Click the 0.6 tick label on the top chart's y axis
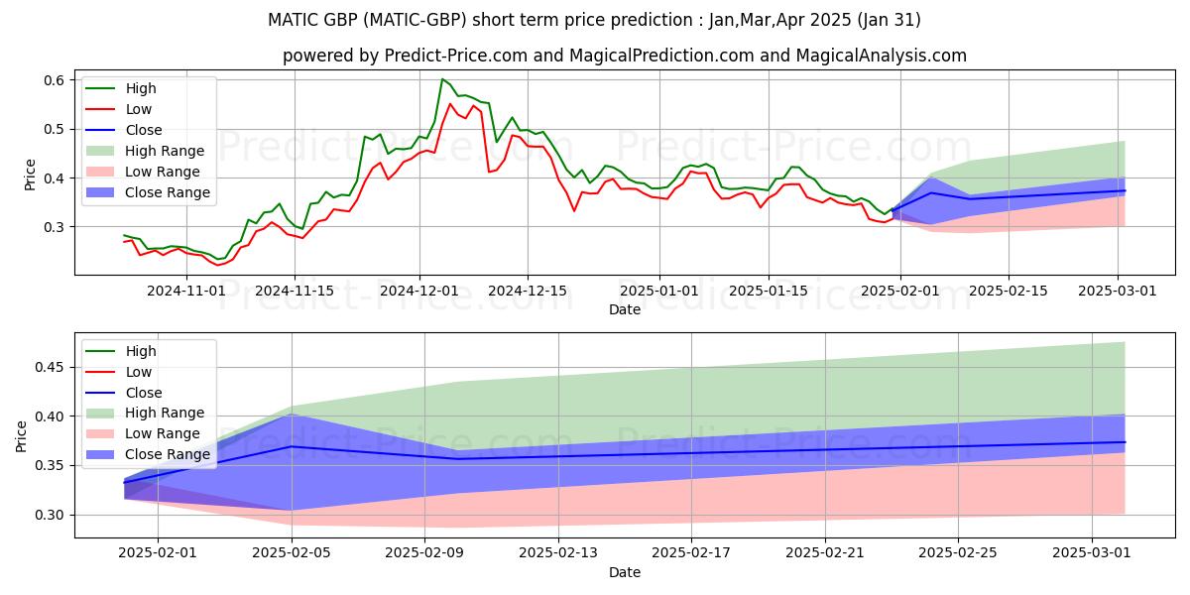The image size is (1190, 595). [54, 79]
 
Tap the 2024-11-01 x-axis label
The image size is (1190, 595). [186, 291]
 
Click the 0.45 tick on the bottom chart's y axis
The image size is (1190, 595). [50, 367]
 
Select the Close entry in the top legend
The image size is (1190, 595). [144, 130]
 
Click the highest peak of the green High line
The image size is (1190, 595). [442, 79]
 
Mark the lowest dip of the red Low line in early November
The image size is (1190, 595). [218, 265]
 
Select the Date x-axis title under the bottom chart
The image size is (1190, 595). [625, 572]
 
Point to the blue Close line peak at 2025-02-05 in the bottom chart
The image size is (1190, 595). [292, 446]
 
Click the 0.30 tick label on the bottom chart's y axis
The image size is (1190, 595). [50, 515]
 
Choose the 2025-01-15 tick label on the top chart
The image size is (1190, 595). [768, 291]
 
